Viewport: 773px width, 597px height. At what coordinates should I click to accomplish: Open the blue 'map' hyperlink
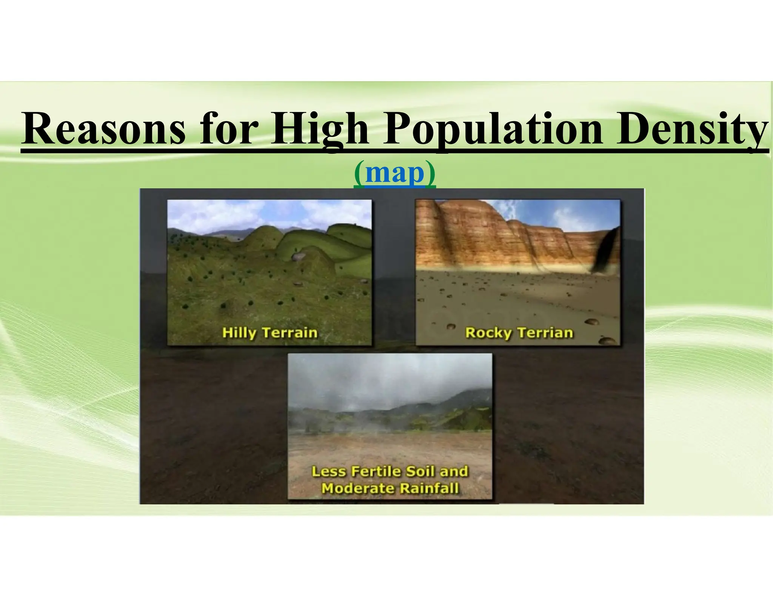tap(395, 173)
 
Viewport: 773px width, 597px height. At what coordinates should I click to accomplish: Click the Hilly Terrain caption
tap(269, 332)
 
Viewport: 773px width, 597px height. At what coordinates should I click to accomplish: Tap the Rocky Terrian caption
tap(519, 332)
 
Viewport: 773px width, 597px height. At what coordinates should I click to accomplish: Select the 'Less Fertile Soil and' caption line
tap(390, 471)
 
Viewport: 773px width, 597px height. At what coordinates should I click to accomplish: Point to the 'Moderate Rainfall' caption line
tap(390, 488)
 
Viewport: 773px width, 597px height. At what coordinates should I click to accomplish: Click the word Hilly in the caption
tap(239, 332)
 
